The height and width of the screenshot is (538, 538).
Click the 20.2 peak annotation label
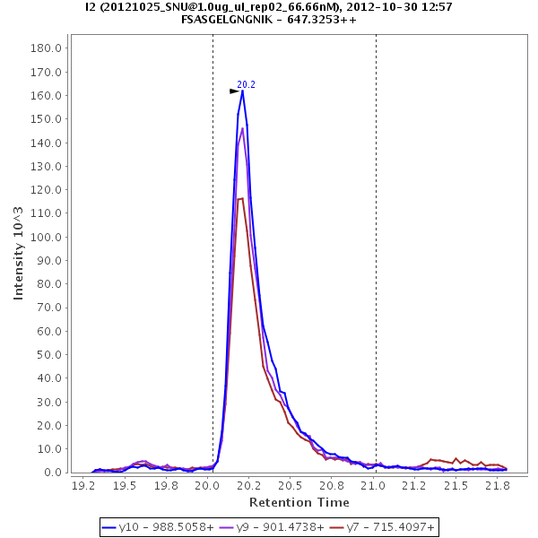246,84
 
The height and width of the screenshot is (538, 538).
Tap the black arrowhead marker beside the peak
234,91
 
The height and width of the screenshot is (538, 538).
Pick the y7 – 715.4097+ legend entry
382,527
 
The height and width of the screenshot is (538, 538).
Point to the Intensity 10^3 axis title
19,254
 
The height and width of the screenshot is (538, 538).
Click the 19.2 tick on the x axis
83,485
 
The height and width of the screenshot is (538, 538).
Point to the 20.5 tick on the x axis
291,485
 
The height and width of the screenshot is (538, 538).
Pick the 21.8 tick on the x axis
498,485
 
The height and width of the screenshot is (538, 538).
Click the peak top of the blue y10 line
242,91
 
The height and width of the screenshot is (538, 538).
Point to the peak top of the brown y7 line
240,198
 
